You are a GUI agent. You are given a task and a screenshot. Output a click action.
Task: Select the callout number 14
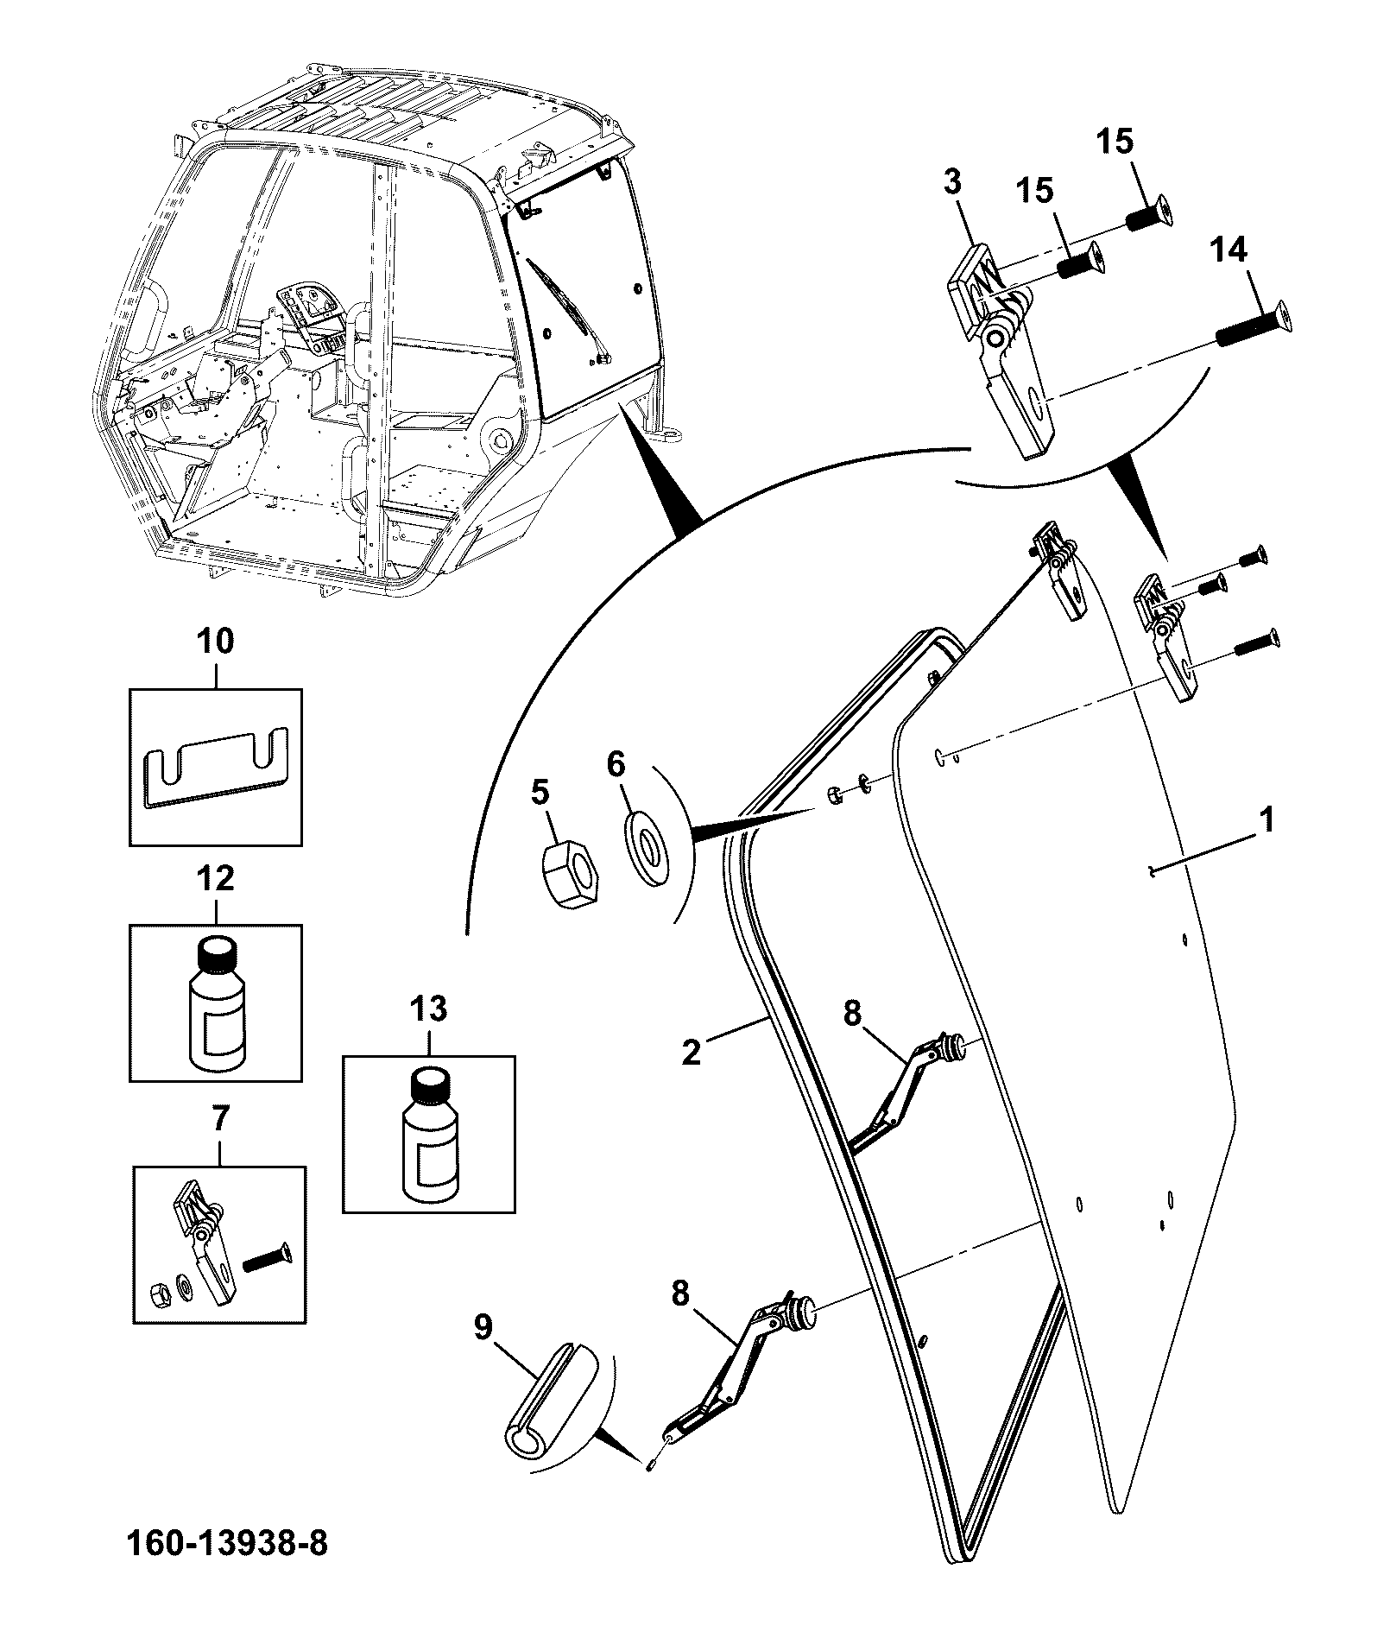point(1229,251)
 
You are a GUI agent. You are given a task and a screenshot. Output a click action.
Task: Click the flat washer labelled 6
point(647,847)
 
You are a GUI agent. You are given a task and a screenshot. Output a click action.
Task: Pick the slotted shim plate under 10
point(216,769)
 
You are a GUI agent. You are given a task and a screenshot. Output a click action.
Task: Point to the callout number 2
point(692,1053)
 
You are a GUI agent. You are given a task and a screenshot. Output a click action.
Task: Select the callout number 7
point(219,1120)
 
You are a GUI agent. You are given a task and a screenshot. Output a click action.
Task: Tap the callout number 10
point(215,642)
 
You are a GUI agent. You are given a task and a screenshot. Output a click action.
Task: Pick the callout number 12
point(215,879)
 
